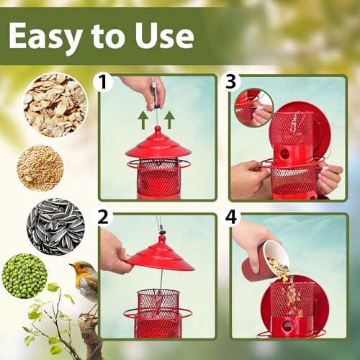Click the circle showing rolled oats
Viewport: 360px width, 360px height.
[x=55, y=105]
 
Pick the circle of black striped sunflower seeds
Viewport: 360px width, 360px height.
[x=56, y=226]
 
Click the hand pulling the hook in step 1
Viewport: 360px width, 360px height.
[x=144, y=90]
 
